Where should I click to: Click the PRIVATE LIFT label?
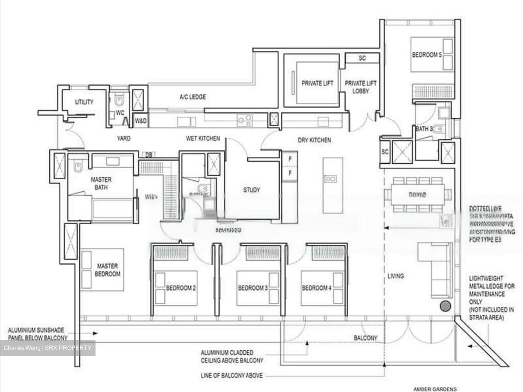(x=317, y=83)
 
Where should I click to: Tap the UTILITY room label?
(x=84, y=102)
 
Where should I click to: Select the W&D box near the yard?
(x=141, y=121)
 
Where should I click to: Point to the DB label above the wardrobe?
(x=149, y=155)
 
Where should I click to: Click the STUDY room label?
(x=251, y=190)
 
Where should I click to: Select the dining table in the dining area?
(x=417, y=195)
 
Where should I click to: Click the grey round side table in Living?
(x=445, y=306)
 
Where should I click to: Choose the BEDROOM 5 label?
(x=427, y=55)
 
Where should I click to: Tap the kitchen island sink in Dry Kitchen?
(x=330, y=179)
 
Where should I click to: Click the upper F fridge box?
(x=290, y=159)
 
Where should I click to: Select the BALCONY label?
(x=365, y=338)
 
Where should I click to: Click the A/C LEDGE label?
(x=192, y=97)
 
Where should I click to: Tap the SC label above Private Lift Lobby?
(x=362, y=58)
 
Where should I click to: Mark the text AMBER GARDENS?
(x=435, y=389)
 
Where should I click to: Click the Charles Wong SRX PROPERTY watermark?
(x=48, y=348)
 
